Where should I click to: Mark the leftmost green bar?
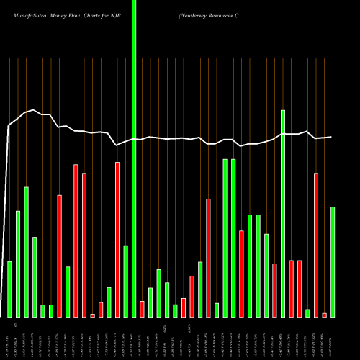click(x=10, y=289)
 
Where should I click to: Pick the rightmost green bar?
click(x=333, y=262)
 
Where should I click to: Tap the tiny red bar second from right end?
click(x=325, y=315)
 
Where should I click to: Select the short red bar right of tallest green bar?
click(x=143, y=309)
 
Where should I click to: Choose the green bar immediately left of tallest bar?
click(x=126, y=281)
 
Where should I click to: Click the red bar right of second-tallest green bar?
click(x=292, y=288)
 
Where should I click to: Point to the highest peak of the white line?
click(x=33, y=110)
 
